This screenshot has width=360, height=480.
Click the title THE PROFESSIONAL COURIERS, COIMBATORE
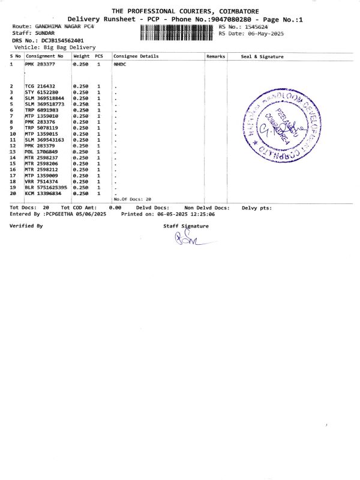click(x=185, y=11)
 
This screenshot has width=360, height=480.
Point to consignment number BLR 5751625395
click(x=46, y=187)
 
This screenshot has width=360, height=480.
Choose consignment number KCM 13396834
click(x=43, y=193)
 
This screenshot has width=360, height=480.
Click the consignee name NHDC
click(x=120, y=63)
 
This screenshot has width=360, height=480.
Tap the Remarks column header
click(x=215, y=56)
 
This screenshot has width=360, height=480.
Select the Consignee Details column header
click(x=136, y=56)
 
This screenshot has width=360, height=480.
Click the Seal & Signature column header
click(x=262, y=56)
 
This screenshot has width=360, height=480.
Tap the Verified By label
click(x=26, y=226)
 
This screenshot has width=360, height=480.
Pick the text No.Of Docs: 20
click(x=133, y=199)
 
